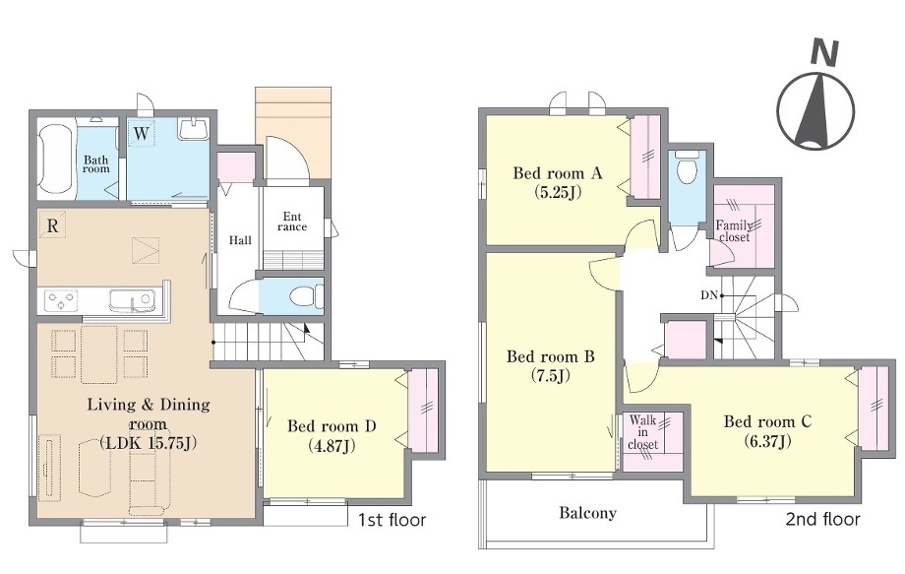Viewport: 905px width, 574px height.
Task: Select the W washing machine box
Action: tap(141, 133)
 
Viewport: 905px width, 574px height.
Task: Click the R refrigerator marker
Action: tap(52, 225)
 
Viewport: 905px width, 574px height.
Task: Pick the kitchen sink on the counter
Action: tap(132, 300)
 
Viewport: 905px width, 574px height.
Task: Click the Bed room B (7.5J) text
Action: tap(551, 366)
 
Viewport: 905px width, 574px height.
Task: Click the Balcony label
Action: tap(587, 513)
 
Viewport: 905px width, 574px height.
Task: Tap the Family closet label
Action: tap(734, 231)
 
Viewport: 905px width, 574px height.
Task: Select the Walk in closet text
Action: tap(642, 432)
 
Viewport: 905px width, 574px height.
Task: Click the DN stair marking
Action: tap(709, 295)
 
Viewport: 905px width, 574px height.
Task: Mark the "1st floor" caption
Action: tap(392, 520)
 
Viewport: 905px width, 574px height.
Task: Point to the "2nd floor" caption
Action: tap(822, 519)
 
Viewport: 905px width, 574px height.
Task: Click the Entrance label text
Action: tap(292, 222)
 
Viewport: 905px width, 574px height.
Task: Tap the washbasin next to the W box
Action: tap(194, 129)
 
